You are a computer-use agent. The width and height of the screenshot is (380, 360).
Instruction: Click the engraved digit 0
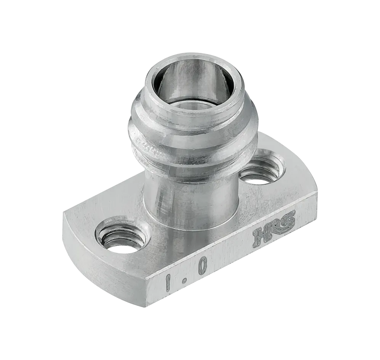(203, 266)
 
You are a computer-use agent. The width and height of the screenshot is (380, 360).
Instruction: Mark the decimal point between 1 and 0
(184, 280)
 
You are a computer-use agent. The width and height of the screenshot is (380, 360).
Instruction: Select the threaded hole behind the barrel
(262, 170)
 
